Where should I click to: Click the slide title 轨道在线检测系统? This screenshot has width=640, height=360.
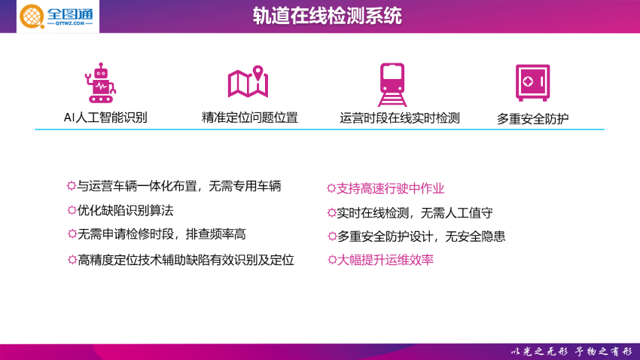click(x=327, y=16)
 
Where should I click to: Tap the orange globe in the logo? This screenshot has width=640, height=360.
click(x=32, y=17)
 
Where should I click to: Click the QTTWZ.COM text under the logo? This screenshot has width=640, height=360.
click(x=70, y=23)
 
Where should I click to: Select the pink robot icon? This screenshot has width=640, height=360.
click(x=100, y=83)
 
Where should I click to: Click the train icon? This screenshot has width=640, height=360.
click(x=392, y=84)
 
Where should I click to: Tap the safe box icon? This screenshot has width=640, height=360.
click(x=532, y=82)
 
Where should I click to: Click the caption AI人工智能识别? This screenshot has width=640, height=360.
click(x=105, y=117)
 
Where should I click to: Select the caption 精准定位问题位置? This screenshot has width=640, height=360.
click(x=250, y=117)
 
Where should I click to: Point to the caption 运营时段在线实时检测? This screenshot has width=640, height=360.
click(x=400, y=118)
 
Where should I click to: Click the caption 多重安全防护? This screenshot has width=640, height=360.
click(x=532, y=119)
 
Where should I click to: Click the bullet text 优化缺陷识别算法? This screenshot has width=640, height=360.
click(x=125, y=211)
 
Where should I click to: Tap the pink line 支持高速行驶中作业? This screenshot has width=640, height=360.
click(x=390, y=188)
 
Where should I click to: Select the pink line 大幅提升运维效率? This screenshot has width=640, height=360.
click(x=385, y=260)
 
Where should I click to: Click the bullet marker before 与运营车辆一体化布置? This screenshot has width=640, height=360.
click(x=72, y=186)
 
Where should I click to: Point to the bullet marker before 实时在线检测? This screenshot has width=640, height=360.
click(x=331, y=212)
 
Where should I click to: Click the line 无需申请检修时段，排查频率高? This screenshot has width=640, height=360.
click(x=162, y=234)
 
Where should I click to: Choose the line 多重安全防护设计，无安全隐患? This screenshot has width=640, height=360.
click(x=421, y=236)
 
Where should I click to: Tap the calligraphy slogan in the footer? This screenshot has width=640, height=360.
click(x=571, y=352)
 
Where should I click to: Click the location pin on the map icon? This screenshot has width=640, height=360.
click(x=258, y=73)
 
